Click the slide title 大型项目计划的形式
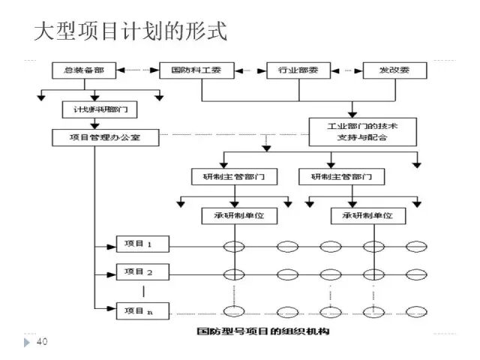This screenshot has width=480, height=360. click(130, 31)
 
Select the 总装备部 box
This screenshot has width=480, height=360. click(83, 70)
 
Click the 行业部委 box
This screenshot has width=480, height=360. click(298, 70)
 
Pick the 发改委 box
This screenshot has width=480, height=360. click(395, 70)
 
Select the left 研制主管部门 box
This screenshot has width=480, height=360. click(235, 178)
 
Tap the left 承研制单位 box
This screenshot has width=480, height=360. click(234, 216)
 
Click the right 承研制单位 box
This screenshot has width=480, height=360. click(368, 216)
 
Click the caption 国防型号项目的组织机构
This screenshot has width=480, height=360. click(262, 331)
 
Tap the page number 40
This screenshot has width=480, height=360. click(42, 342)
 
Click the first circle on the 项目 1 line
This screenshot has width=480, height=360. click(235, 245)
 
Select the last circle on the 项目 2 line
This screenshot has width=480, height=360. click(417, 271)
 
